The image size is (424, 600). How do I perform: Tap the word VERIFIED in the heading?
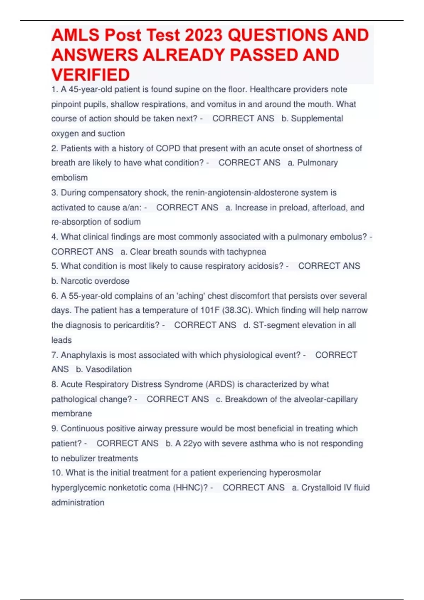pos(90,75)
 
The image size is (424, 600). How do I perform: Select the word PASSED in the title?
pos(263,55)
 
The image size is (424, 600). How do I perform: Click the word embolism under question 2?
pos(70,178)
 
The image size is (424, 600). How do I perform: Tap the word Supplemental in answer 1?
pos(317,119)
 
